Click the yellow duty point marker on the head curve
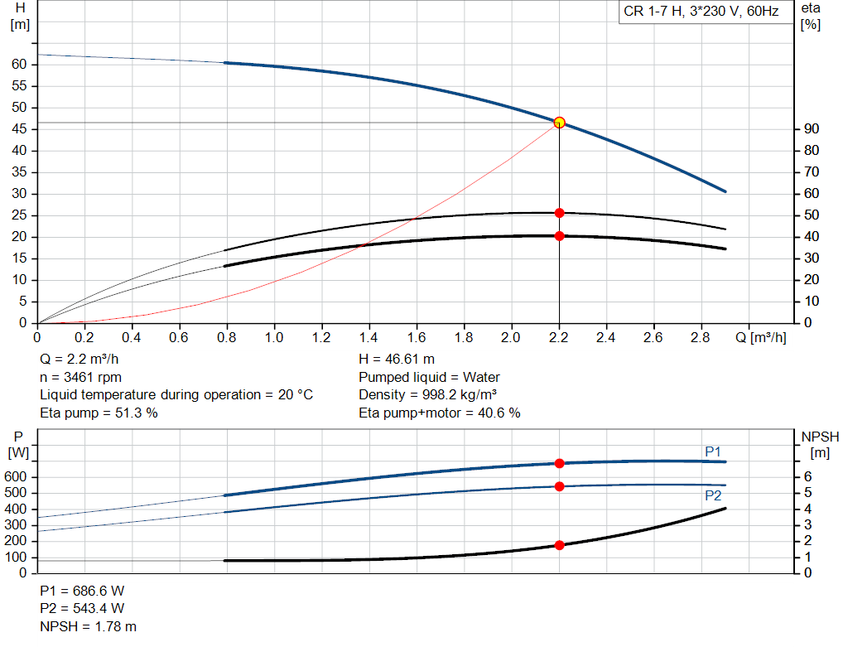pos(559,123)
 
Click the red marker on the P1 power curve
pos(559,464)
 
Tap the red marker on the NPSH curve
pos(559,545)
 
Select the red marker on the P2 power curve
pos(559,487)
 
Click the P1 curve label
pos(713,451)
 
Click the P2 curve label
pos(713,495)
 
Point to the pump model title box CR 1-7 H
pos(701,12)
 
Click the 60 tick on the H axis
pos(19,65)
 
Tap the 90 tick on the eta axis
pos(812,128)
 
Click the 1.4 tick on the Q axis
pos(369,337)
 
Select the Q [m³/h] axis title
pos(760,337)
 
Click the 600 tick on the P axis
pos(15,476)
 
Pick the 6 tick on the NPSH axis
pos(807,476)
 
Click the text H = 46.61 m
pos(397,360)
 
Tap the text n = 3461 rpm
pos(80,377)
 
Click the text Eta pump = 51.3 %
pos(99,413)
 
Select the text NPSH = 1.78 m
pos(88,626)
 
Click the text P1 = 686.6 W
pos(82,591)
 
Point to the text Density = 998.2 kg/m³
pos(428,395)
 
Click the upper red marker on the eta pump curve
pos(559,213)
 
